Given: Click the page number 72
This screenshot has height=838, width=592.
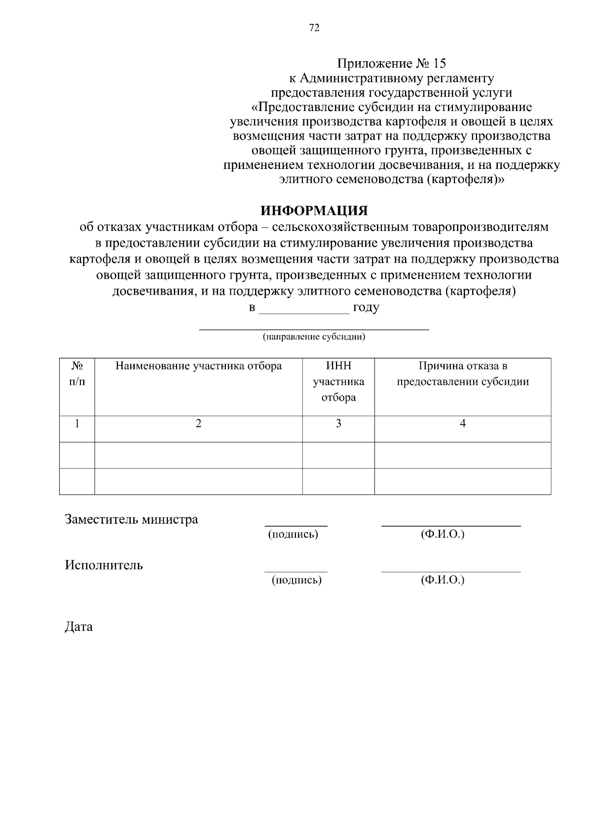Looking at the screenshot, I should coord(314,28).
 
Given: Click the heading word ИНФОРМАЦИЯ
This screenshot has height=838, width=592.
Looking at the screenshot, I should coord(314,211).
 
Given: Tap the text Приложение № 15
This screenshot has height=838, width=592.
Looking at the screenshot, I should coord(391,64).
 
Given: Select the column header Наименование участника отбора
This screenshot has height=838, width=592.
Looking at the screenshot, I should coord(198,366).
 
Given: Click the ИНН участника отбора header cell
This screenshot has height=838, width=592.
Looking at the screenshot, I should coord(338,381).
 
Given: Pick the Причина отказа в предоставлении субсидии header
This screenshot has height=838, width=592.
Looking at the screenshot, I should coord(463,374).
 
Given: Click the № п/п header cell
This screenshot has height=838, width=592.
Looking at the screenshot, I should coord(77,374).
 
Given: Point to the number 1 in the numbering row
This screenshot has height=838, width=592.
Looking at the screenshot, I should coord(77,423).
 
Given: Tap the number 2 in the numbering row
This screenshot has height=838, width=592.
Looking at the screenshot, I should coord(198,423).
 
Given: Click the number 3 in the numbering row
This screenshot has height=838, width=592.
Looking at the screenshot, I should coord(338,423).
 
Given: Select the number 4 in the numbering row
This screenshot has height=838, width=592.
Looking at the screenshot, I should coord(463,423).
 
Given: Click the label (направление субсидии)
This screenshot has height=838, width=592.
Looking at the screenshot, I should coord(314,338).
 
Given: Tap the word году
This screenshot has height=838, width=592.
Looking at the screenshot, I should coord(366,308).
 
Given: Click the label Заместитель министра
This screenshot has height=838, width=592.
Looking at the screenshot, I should coord(131,519).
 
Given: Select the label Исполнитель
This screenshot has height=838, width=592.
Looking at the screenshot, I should coord(104,565).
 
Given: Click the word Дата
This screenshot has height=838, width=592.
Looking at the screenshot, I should coord(78,627).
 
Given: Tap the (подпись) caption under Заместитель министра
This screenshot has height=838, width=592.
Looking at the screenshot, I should coord(293,534).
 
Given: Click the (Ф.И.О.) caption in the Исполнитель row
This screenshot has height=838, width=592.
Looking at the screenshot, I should coord(443,580).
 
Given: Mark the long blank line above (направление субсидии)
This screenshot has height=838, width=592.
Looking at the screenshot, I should coord(314,328).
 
